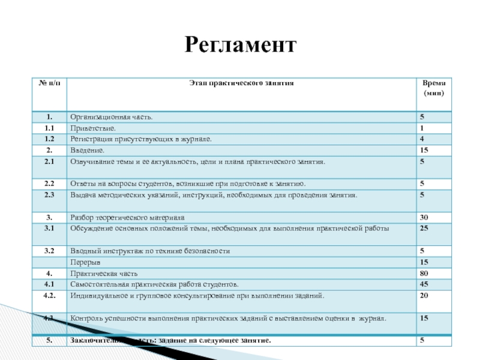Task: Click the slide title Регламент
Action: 240,45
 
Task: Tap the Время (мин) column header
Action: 434,89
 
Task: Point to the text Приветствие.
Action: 93,128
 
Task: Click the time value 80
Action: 424,273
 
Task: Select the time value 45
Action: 424,284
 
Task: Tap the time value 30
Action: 424,217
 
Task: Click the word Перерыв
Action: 86,262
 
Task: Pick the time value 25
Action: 424,228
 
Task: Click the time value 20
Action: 424,295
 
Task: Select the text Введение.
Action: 88,150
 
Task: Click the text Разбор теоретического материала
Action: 128,217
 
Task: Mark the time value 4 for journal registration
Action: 422,139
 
